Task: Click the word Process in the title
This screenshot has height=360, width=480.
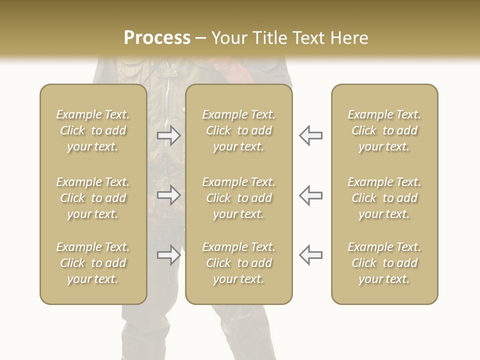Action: tap(157, 38)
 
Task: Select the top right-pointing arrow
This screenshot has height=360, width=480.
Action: tap(169, 135)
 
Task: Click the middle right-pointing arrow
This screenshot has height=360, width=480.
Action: tap(169, 195)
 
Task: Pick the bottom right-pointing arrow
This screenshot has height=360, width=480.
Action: tap(169, 255)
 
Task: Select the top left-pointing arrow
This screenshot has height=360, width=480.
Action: tap(311, 135)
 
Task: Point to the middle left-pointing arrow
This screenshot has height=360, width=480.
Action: tap(311, 195)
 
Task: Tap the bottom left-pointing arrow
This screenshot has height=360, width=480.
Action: tap(311, 255)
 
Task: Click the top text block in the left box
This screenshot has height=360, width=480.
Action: tap(93, 130)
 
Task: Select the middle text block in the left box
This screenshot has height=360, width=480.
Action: tap(93, 198)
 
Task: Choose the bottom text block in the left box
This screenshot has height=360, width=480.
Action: tap(93, 263)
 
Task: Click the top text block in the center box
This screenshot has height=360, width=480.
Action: tap(239, 130)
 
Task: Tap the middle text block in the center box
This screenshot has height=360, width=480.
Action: tap(239, 198)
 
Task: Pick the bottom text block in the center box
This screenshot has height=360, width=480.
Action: tap(239, 263)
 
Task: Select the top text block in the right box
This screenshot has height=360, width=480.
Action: tap(384, 130)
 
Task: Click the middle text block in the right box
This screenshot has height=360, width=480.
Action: tap(384, 198)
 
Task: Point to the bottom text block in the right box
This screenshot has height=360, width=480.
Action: tap(384, 263)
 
